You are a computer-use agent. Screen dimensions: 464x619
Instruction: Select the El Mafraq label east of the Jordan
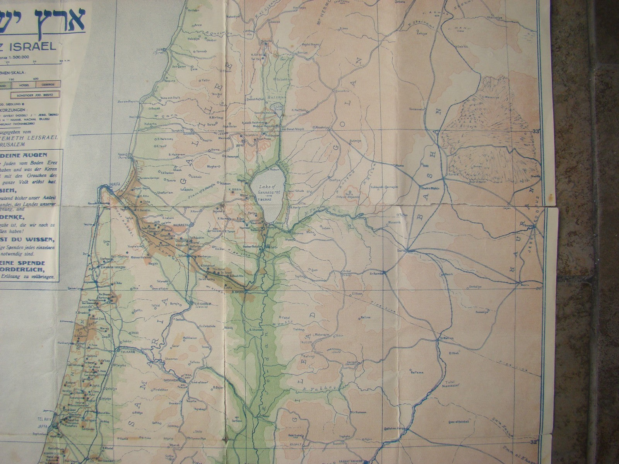(446, 339)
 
